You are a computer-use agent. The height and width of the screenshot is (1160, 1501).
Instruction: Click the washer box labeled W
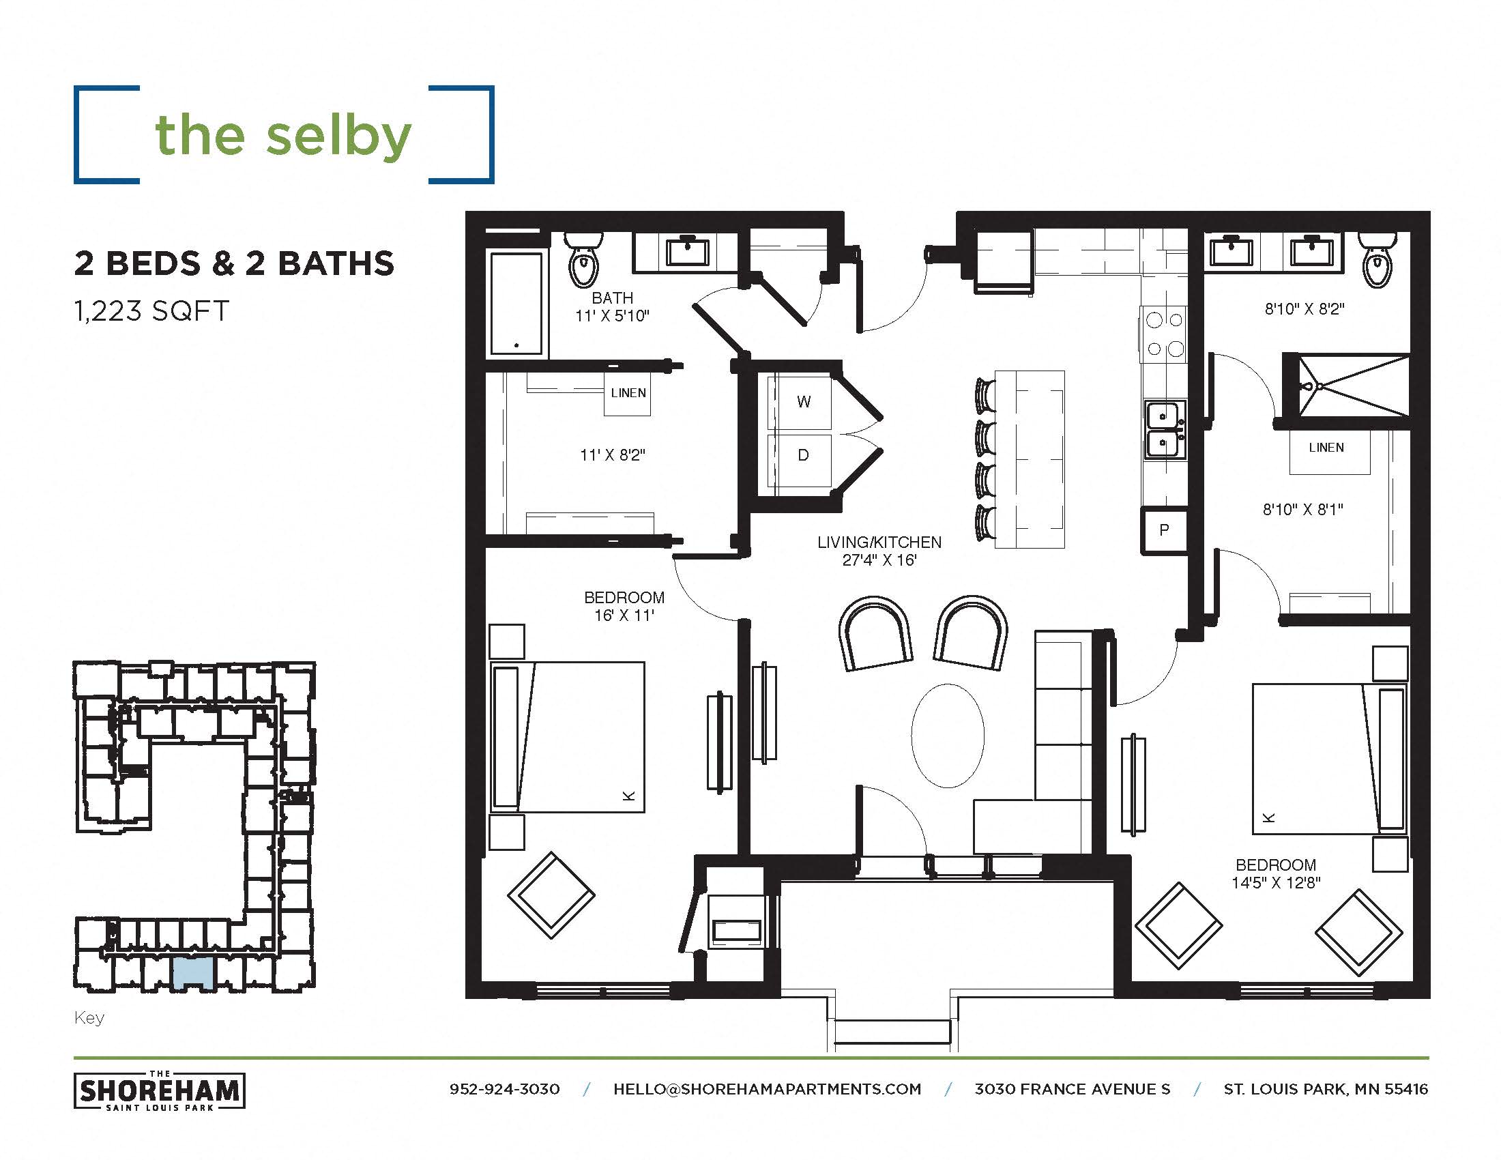(x=802, y=402)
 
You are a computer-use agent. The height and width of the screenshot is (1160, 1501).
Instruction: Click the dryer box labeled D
(x=802, y=456)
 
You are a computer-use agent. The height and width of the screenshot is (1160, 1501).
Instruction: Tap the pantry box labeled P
(x=1163, y=530)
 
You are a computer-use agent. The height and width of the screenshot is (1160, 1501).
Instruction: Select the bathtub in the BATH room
(x=516, y=303)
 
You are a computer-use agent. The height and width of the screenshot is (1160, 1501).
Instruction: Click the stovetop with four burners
(x=1164, y=334)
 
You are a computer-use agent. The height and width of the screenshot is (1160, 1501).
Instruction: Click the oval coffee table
(x=947, y=736)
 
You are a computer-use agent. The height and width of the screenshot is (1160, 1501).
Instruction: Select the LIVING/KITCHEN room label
(x=879, y=543)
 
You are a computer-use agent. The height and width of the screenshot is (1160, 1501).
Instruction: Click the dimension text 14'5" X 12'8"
(x=1276, y=883)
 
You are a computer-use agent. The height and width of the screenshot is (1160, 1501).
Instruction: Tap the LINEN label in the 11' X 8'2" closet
(x=628, y=394)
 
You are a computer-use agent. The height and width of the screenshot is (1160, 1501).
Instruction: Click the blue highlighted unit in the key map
(x=193, y=972)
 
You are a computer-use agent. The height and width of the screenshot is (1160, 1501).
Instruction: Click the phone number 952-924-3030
(x=504, y=1089)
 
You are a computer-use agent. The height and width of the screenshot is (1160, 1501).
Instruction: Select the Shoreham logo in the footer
(x=160, y=1090)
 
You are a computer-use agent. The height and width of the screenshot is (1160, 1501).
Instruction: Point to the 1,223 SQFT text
(x=152, y=311)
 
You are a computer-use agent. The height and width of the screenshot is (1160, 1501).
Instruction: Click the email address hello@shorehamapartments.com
(x=767, y=1089)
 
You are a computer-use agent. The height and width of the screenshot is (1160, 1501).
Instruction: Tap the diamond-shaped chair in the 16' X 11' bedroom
(x=551, y=895)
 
